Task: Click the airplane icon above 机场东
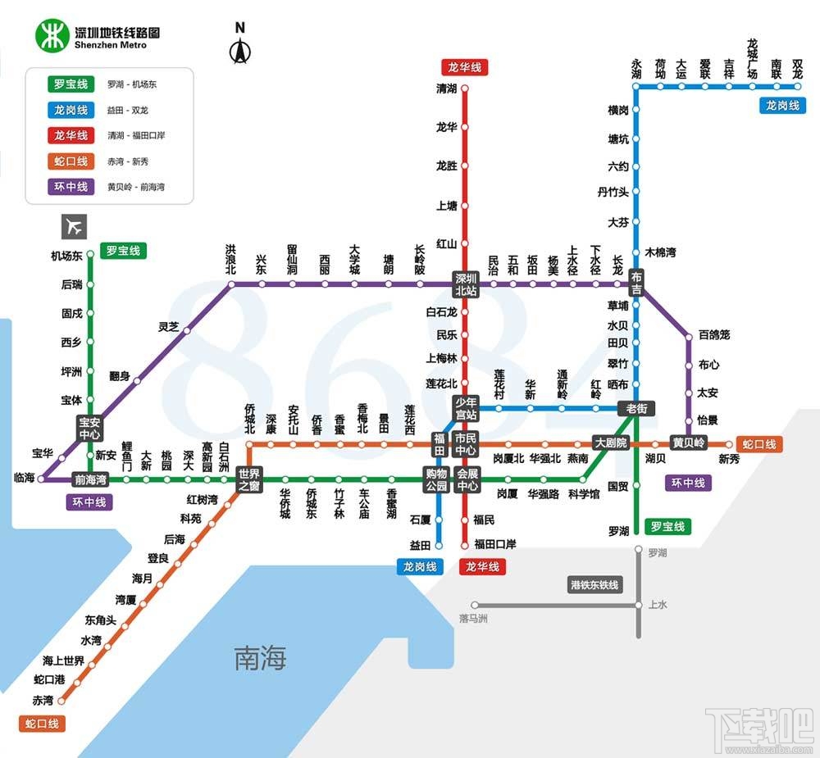tap(74, 225)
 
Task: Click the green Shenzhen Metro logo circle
tap(52, 35)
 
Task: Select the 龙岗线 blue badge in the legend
tap(71, 110)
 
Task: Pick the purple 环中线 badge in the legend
tap(71, 187)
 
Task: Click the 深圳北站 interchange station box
tap(466, 284)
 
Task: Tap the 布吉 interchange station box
tap(636, 284)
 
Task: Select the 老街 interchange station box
tap(636, 408)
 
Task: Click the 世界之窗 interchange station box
tap(248, 479)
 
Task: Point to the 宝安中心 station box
tap(89, 428)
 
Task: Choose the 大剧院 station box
tap(610, 443)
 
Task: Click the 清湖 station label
tap(446, 89)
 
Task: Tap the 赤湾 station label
tap(43, 701)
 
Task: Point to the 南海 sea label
tap(261, 657)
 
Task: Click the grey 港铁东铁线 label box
tap(595, 585)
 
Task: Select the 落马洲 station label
tap(474, 618)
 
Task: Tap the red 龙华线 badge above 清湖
tap(464, 67)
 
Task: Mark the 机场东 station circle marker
tap(90, 256)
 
